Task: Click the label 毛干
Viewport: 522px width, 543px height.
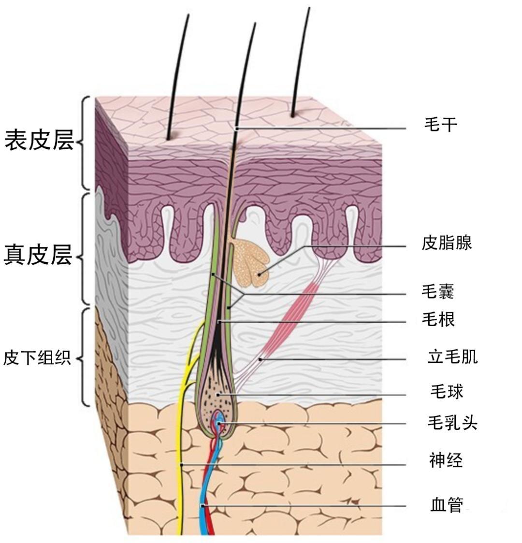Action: pyautogui.click(x=440, y=125)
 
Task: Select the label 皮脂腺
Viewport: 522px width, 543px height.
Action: pyautogui.click(x=447, y=243)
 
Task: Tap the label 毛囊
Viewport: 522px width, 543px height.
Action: pyautogui.click(x=438, y=292)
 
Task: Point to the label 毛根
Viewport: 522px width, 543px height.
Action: pyautogui.click(x=438, y=319)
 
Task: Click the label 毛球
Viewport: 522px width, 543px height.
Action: pyautogui.click(x=447, y=391)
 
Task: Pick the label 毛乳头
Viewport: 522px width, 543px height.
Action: pyautogui.click(x=452, y=423)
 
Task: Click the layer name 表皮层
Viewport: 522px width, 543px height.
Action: pyautogui.click(x=40, y=140)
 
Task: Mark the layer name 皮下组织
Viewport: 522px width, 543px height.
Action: pyautogui.click(x=37, y=358)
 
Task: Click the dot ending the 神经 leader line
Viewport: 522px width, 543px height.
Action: pyautogui.click(x=181, y=464)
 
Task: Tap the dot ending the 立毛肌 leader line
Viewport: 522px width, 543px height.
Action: pyautogui.click(x=260, y=359)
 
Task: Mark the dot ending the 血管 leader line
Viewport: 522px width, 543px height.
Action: pyautogui.click(x=203, y=506)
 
